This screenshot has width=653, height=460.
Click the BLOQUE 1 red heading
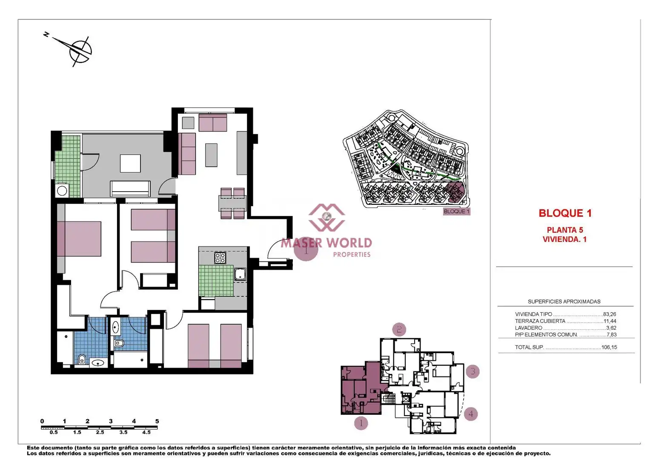click(565, 213)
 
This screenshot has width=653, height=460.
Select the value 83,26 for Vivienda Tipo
click(610, 314)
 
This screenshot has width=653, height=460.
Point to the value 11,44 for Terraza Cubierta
click(610, 321)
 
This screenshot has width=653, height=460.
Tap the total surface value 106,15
click(609, 347)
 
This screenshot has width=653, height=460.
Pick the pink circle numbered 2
click(399, 330)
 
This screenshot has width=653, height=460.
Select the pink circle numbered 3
click(473, 371)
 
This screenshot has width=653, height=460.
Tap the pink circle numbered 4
click(471, 414)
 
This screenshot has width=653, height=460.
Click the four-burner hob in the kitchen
click(220, 258)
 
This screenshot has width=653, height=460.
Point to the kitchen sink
click(240, 274)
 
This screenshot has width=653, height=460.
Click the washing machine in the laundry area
click(62, 191)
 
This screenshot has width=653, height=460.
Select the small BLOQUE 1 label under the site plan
click(456, 212)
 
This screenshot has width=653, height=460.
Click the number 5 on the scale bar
click(157, 421)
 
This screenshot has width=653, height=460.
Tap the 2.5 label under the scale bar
click(100, 432)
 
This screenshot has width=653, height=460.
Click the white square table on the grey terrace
click(130, 164)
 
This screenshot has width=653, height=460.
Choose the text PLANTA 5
click(564, 230)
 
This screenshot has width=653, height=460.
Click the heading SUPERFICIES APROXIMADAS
click(564, 302)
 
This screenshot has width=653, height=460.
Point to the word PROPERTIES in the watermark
click(352, 255)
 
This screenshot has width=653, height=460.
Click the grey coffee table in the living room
click(211, 155)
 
